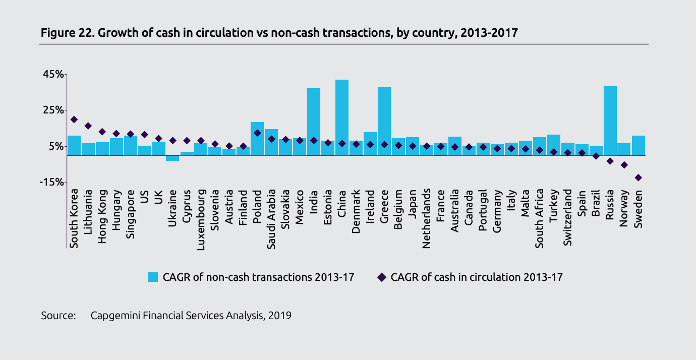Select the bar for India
click(314, 122)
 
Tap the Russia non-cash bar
click(610, 121)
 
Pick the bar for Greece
click(384, 121)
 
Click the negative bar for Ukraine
click(172, 158)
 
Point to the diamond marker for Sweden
click(638, 177)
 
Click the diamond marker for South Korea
click(74, 119)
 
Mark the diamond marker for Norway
click(624, 165)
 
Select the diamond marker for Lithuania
click(88, 126)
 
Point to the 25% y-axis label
click(52, 110)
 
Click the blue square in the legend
click(153, 277)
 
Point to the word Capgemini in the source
click(114, 316)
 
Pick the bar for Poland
click(257, 138)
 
